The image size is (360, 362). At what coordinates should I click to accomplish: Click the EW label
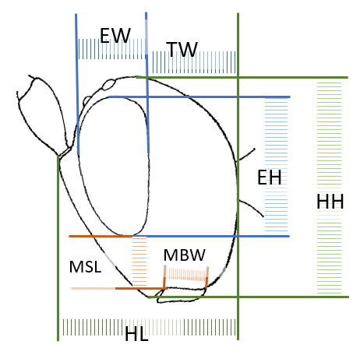[x=115, y=35]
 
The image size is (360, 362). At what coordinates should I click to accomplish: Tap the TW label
[x=182, y=49]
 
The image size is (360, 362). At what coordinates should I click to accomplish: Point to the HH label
[x=330, y=202]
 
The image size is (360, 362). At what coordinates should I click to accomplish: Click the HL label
[x=136, y=333]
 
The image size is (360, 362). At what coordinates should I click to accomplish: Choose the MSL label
[x=85, y=266]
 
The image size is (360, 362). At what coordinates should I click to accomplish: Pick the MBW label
[x=185, y=255]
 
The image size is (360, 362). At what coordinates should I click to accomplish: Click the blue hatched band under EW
[x=111, y=49]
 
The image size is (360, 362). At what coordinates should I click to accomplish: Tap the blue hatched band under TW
[x=194, y=62]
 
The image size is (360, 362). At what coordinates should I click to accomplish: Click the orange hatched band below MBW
[x=186, y=275]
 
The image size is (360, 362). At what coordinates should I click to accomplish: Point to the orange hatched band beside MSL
[x=139, y=262]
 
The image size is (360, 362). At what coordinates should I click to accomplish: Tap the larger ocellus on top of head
[x=109, y=84]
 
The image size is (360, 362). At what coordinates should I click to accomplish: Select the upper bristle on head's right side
[x=246, y=154]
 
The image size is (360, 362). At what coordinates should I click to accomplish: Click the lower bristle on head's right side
[x=251, y=207]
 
